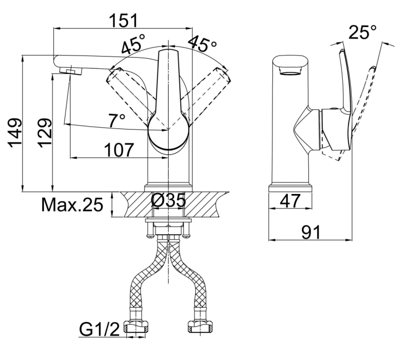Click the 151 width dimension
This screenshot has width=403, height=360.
point(123,21)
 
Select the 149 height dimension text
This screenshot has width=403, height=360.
point(15,133)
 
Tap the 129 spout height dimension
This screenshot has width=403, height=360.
point(45,133)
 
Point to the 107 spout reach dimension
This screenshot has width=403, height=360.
point(119,150)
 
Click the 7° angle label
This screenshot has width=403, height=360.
point(117,120)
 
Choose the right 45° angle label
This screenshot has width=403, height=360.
point(202,43)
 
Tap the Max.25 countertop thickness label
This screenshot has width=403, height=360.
point(72,205)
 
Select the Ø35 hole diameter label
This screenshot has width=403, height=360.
point(168,200)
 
